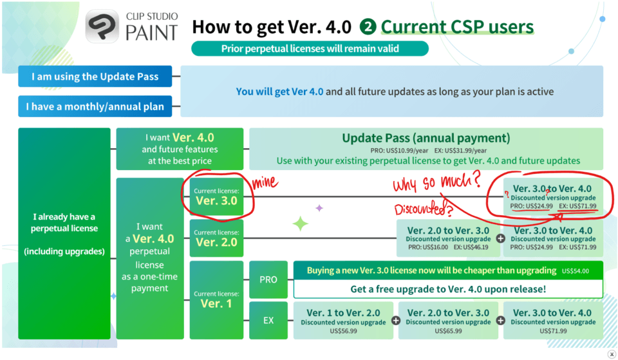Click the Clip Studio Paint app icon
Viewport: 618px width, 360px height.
[102, 26]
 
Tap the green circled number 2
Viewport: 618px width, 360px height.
[368, 27]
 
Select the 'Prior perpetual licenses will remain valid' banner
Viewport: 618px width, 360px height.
[310, 48]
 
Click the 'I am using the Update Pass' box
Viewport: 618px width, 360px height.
[95, 76]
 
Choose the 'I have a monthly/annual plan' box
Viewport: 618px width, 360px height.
[95, 106]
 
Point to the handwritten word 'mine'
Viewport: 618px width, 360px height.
[265, 182]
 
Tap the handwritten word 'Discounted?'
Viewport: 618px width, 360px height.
[424, 208]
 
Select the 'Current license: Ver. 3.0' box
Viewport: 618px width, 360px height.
[216, 196]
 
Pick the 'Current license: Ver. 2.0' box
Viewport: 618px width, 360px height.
[216, 238]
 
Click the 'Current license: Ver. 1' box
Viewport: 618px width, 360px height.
[216, 299]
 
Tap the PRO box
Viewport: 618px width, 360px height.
[268, 279]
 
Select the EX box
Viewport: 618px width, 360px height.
[268, 320]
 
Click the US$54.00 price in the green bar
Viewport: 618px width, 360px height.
[576, 271]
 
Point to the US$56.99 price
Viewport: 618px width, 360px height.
[343, 331]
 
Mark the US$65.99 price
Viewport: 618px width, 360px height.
[448, 331]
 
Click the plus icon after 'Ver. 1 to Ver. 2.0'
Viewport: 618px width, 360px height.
[396, 321]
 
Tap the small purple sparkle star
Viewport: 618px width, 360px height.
[319, 208]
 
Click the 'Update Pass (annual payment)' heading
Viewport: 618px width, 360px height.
[426, 138]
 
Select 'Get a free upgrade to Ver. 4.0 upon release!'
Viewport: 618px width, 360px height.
[448, 289]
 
